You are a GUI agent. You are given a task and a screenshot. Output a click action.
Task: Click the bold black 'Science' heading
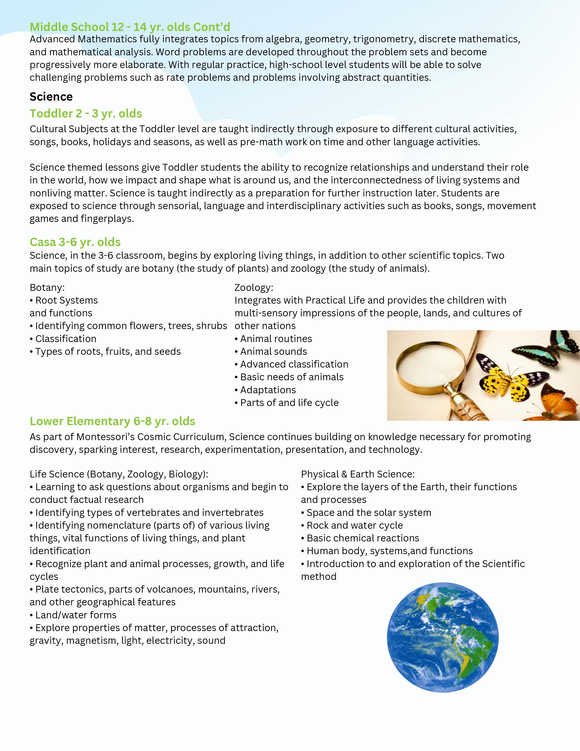[x=51, y=97]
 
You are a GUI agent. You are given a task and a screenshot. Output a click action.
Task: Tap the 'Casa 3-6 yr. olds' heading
[x=75, y=242]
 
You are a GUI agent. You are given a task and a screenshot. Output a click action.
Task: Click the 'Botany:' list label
[x=47, y=287]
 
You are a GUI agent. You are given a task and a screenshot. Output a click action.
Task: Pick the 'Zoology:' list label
[x=254, y=287]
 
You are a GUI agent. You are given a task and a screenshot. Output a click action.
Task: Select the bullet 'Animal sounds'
[x=273, y=351]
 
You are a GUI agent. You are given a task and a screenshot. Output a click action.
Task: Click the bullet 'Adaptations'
[x=268, y=390]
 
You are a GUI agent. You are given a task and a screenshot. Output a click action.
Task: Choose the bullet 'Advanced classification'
[x=294, y=364]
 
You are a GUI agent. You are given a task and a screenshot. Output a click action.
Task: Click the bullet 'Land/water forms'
[x=76, y=615]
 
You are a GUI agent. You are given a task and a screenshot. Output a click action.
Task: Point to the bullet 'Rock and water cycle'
[x=354, y=525]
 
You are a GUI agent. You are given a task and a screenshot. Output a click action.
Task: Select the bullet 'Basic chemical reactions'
[x=363, y=538]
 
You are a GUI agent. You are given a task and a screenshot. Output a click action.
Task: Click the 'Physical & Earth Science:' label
[x=358, y=474]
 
